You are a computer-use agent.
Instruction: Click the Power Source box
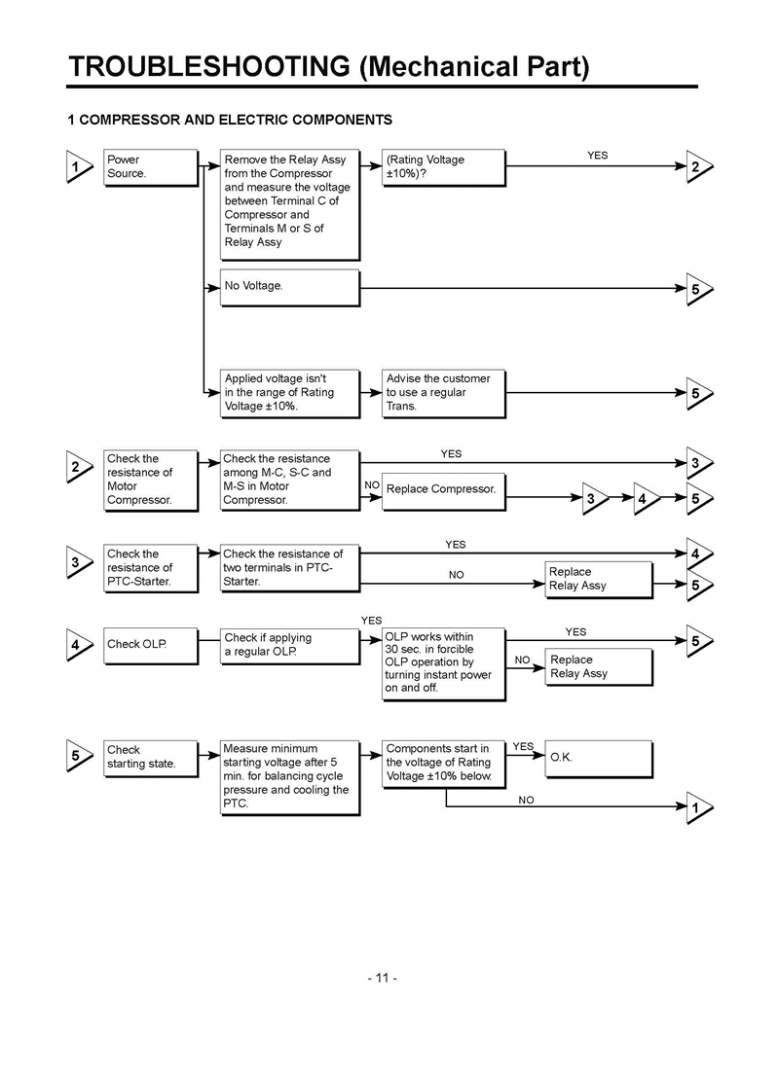pyautogui.click(x=149, y=166)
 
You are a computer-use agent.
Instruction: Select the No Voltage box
pyautogui.click(x=288, y=287)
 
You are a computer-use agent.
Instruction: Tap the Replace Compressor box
pyautogui.click(x=442, y=489)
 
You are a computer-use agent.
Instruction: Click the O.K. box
pyautogui.click(x=596, y=757)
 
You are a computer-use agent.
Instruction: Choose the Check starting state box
pyautogui.click(x=149, y=757)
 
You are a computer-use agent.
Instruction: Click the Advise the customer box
pyautogui.click(x=442, y=392)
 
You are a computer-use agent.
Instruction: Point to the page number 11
pyautogui.click(x=383, y=977)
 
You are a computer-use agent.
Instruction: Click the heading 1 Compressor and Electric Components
pyautogui.click(x=230, y=120)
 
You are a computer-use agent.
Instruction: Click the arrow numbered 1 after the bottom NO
pyautogui.click(x=698, y=807)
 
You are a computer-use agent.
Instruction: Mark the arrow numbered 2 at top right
pyautogui.click(x=698, y=167)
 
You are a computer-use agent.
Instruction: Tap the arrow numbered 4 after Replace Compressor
pyautogui.click(x=645, y=499)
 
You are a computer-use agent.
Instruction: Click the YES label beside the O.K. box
pyautogui.click(x=523, y=746)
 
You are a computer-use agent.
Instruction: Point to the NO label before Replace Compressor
pyautogui.click(x=372, y=484)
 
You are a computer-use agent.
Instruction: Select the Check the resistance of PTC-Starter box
pyautogui.click(x=149, y=568)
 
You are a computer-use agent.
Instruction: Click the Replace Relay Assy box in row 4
pyautogui.click(x=596, y=666)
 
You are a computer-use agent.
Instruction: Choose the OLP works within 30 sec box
pyautogui.click(x=442, y=663)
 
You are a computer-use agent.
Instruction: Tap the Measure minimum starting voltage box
pyautogui.click(x=288, y=776)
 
